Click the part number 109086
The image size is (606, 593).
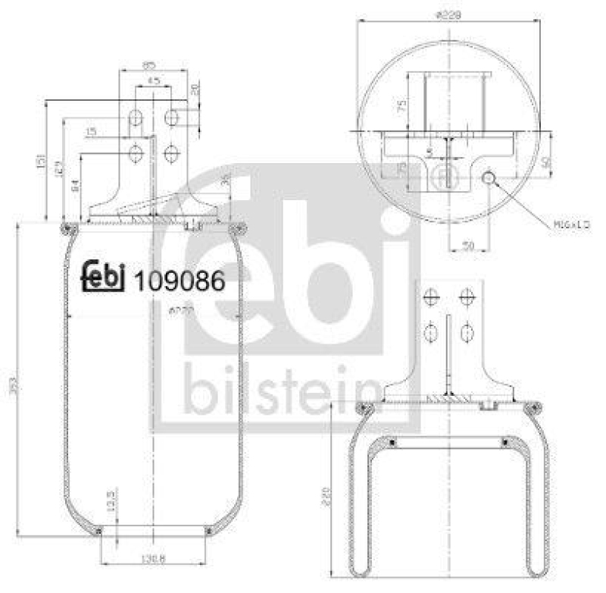pos(179,281)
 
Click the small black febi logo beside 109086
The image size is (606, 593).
pos(103,278)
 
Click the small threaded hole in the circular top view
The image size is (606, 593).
pos(489,177)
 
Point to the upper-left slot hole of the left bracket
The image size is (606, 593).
pos(136,118)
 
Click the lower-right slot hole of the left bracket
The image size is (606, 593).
pos(171,154)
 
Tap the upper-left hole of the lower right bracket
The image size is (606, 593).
pos(432,296)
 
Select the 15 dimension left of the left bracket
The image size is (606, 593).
pos(91,133)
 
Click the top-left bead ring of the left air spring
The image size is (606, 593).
pos(66,227)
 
